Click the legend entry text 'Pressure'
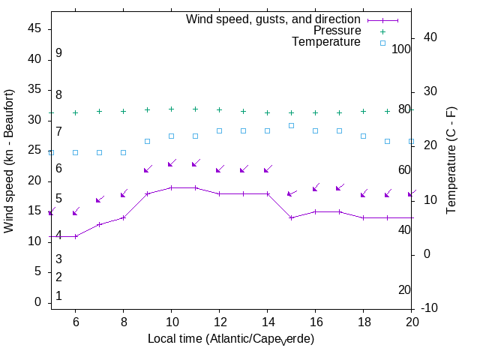pyautogui.click(x=337, y=31)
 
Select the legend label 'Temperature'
pyautogui.click(x=326, y=42)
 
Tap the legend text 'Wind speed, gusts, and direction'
pyautogui.click(x=274, y=19)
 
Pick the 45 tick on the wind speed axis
pyautogui.click(x=34, y=28)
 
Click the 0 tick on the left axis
pyautogui.click(x=37, y=302)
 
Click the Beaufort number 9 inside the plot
pyautogui.click(x=58, y=53)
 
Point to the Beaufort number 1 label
pyautogui.click(x=58, y=296)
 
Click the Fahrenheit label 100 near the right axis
pyautogui.click(x=402, y=49)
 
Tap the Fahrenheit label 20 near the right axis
pyautogui.click(x=404, y=289)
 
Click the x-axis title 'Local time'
pyautogui.click(x=230, y=339)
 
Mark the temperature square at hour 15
pyautogui.click(x=291, y=125)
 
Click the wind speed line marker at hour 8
pyautogui.click(x=123, y=217)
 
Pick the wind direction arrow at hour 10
pyautogui.click(x=171, y=163)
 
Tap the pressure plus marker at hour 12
pyautogui.click(x=219, y=109)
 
